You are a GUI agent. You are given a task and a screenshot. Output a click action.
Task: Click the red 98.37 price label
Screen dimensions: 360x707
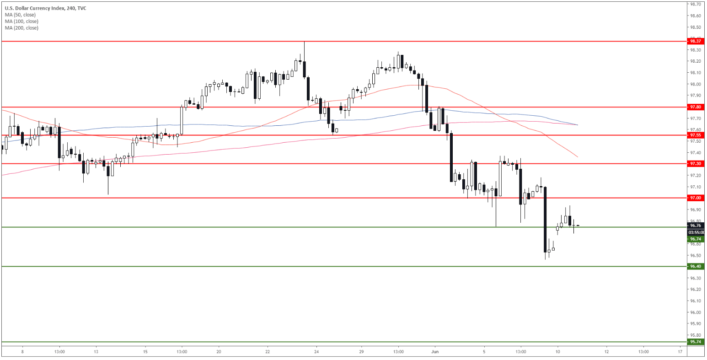coord(695,41)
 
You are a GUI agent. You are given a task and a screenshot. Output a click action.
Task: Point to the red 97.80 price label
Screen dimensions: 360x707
coord(695,107)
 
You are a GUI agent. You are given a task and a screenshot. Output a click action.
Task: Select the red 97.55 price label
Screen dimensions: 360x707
coord(695,135)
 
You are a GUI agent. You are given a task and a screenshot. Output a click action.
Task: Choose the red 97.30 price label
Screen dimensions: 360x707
coord(695,164)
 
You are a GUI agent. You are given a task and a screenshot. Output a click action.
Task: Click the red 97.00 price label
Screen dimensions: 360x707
coord(695,198)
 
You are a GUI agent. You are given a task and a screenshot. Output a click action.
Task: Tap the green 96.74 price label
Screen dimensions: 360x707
coord(695,239)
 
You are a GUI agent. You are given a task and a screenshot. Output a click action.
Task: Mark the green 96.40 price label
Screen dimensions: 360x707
coord(695,266)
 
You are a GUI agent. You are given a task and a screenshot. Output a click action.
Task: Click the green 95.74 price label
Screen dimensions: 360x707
coord(695,342)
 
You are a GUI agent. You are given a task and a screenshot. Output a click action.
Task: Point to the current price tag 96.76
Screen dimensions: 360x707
coord(695,225)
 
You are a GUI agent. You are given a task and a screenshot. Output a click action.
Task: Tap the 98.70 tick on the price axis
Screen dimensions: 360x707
coord(696,4)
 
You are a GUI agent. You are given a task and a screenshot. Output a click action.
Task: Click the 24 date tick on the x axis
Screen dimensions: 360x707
coord(316,352)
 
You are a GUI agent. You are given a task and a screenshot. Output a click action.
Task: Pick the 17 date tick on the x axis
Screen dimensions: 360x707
coord(680,352)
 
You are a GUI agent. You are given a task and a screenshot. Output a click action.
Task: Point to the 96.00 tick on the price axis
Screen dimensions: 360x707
coord(696,312)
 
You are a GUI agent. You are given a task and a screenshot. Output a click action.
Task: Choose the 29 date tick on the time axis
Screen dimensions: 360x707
coord(361,352)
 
